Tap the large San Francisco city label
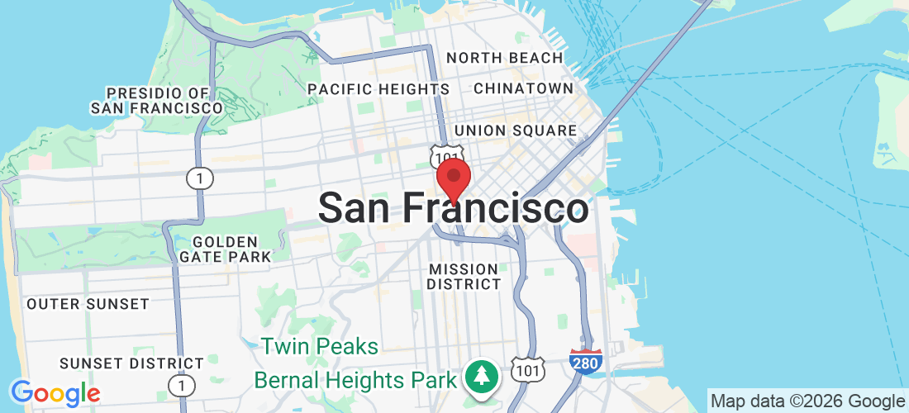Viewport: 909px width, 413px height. point(454,208)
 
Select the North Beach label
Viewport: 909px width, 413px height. point(504,58)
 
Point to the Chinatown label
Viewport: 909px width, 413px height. point(523,88)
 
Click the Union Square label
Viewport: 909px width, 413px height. point(515,131)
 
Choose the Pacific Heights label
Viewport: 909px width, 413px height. point(378,88)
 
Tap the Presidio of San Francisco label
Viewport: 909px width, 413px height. point(156,100)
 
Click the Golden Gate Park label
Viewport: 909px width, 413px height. point(226,249)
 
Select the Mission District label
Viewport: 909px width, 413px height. point(464,276)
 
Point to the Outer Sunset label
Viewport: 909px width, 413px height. point(88,304)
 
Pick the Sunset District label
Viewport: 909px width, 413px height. point(131,363)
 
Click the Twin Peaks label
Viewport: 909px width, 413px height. point(320,346)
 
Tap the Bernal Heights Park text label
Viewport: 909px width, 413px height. point(355,380)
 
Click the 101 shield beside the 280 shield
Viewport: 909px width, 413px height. point(527,370)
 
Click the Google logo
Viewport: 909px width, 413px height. point(55,393)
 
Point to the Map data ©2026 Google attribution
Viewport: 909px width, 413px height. point(807,401)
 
